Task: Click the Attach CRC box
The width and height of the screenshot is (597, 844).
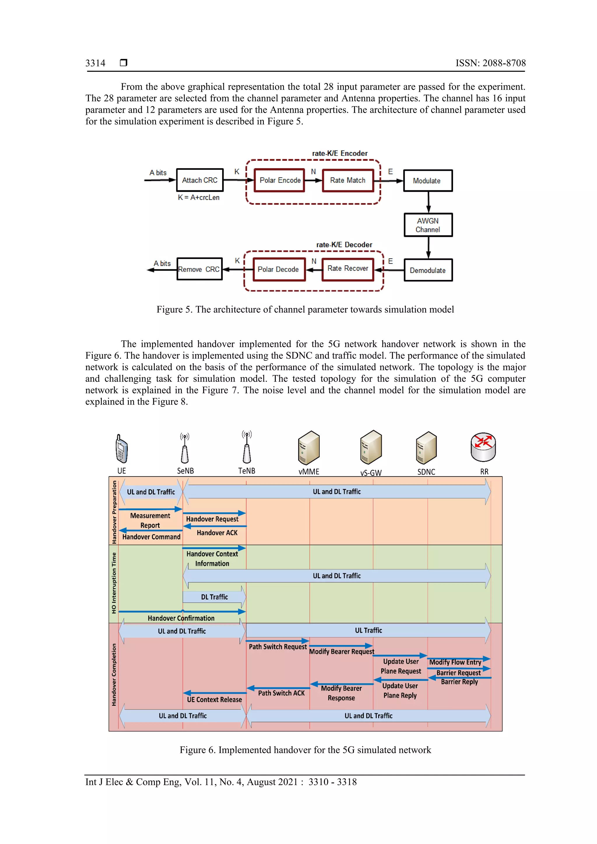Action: coord(200,180)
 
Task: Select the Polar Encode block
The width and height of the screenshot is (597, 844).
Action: coord(280,180)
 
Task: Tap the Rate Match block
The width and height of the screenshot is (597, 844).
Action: coord(347,180)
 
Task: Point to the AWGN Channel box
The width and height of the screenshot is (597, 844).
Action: coord(428,225)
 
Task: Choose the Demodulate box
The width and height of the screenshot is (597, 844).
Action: coord(428,270)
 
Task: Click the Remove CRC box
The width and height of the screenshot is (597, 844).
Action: coord(199,269)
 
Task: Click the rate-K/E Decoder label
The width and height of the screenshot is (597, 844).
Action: coord(344,244)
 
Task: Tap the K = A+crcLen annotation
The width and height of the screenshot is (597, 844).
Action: coord(199,198)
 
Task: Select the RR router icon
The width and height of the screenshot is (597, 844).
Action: coord(483,447)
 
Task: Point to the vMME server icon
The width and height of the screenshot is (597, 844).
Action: coord(309,448)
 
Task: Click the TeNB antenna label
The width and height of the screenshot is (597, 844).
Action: coord(246,471)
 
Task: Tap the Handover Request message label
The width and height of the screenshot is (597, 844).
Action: coord(212,519)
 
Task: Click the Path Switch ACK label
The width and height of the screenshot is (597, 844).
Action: coord(281,693)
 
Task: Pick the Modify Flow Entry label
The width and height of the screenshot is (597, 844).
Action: coord(455,662)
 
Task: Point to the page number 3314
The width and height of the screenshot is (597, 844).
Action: coord(95,63)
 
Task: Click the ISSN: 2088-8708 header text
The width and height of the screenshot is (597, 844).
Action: coord(490,63)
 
